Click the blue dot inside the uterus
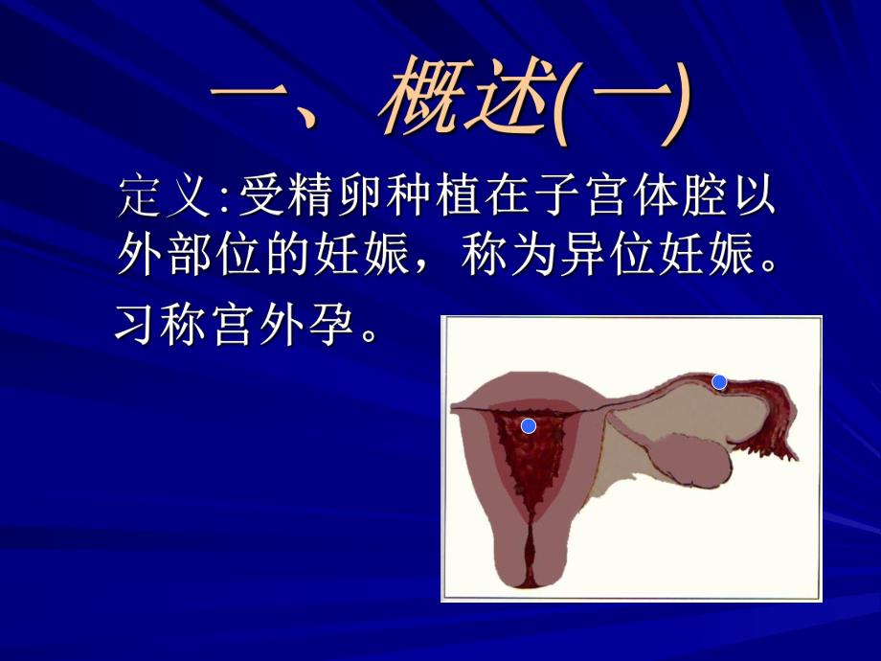[x=528, y=425]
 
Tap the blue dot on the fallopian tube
[x=719, y=382]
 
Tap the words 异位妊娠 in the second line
[x=660, y=257]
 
